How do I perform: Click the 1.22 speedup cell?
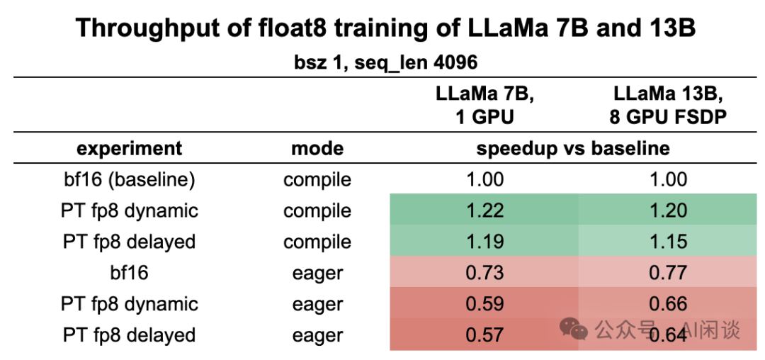484,210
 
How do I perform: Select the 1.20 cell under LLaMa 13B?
668,210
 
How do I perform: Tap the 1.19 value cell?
484,242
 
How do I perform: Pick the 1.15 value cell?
668,242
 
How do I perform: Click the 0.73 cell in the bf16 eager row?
484,273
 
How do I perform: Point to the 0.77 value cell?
668,273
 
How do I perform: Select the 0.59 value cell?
484,304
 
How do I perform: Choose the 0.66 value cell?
668,304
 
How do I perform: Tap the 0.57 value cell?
484,335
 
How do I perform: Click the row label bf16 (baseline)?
129,179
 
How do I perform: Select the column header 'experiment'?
129,148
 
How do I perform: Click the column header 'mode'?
317,148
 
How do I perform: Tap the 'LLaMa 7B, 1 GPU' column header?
484,105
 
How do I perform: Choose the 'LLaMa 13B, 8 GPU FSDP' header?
668,105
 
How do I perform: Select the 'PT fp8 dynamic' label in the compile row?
129,210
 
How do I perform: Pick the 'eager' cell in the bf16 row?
317,273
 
